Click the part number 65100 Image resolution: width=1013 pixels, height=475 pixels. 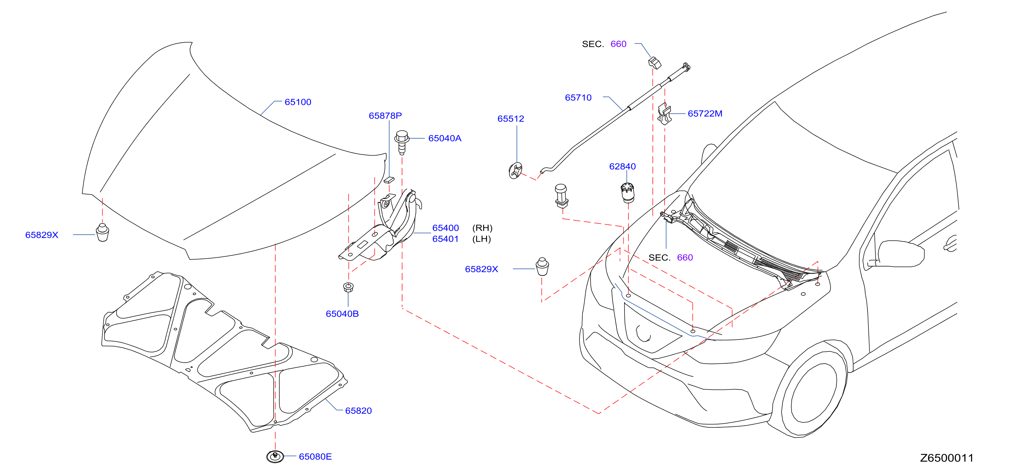click(x=298, y=102)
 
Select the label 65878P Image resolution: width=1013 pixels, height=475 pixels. click(x=385, y=116)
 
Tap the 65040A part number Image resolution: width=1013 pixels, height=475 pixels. click(x=445, y=138)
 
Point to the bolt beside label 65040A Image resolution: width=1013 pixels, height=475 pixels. click(x=402, y=142)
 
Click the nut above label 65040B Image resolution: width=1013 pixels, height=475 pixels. click(x=348, y=287)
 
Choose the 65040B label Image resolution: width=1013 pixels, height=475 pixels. click(x=342, y=314)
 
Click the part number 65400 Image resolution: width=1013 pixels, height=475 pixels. click(x=445, y=228)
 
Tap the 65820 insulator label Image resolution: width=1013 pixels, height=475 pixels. click(x=358, y=410)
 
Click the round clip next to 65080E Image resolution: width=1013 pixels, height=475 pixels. click(x=275, y=456)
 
